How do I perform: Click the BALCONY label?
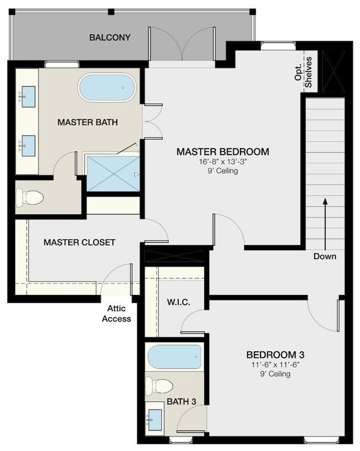(x=110, y=38)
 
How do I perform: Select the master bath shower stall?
(x=113, y=173)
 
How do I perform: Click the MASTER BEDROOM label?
(x=223, y=151)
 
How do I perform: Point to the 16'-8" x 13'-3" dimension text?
(x=223, y=162)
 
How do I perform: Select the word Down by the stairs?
(x=325, y=257)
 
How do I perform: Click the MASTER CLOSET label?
(x=79, y=242)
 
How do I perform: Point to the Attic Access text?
(x=116, y=314)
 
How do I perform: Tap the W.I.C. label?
(x=178, y=302)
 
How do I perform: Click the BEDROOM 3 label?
(x=275, y=355)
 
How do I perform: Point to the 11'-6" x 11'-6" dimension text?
(x=275, y=365)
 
